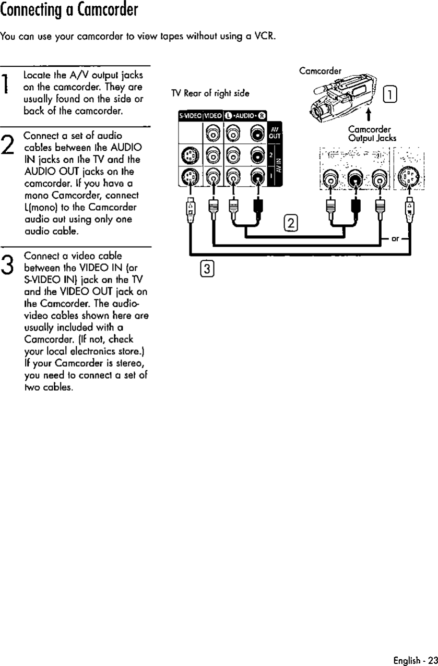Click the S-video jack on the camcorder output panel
click(409, 179)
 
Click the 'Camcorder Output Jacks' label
click(372, 134)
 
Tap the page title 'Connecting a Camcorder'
click(69, 10)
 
